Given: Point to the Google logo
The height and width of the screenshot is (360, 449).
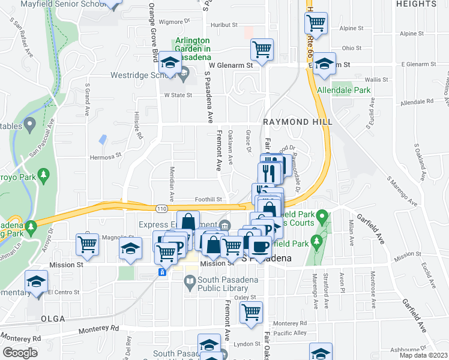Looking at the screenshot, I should [19, 353].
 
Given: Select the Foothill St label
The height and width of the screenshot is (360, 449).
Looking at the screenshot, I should [208, 199].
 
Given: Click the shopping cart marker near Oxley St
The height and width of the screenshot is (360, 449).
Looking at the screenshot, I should [251, 311].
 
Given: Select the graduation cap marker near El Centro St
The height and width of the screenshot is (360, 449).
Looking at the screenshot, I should [36, 281].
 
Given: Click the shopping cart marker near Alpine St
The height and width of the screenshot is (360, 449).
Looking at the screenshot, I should [316, 23].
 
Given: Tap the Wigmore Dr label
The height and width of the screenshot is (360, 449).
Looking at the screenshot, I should [170, 22].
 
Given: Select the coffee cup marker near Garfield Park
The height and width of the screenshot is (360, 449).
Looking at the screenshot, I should [260, 247].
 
